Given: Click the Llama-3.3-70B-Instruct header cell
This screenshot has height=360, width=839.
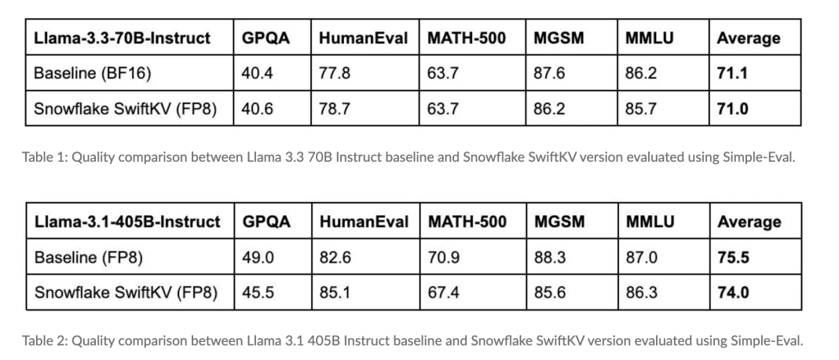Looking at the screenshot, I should click(x=122, y=38).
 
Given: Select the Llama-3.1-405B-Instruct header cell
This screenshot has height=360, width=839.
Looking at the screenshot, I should click(x=127, y=222).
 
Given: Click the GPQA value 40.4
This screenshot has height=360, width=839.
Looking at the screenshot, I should click(x=257, y=74).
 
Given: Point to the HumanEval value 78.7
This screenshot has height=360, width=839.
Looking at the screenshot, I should click(x=335, y=109).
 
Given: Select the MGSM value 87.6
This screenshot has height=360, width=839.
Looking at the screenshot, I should click(x=548, y=74).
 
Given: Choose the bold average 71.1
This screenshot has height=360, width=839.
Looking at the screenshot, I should click(x=732, y=74).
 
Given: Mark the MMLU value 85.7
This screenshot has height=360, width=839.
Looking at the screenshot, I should click(x=640, y=109).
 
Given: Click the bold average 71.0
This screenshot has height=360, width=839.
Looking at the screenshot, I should click(x=732, y=109).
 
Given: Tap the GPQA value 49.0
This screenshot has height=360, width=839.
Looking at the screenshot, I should click(x=258, y=257).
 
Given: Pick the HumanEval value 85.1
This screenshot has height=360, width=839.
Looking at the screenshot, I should click(x=335, y=292).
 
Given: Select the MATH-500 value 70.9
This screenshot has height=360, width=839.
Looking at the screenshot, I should click(x=444, y=257).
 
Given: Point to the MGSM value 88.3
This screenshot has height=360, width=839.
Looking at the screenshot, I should click(x=549, y=257).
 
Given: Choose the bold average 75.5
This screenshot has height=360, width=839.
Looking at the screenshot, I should click(x=733, y=257).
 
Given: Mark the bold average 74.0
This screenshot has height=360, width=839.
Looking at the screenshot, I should click(x=733, y=292).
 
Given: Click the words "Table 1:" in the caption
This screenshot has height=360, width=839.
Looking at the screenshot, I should click(x=45, y=156).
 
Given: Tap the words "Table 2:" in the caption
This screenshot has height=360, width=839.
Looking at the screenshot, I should click(x=46, y=340).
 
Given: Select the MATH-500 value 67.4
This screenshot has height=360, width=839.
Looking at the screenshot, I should click(x=444, y=292).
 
